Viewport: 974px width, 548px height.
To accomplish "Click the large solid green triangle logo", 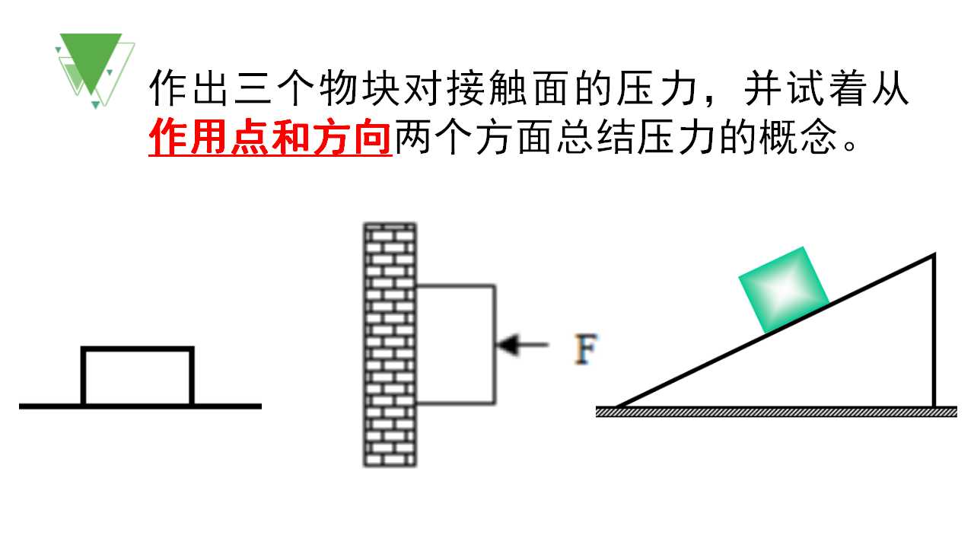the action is tap(91, 59).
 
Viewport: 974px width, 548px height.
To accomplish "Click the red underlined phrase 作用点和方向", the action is tap(270, 137).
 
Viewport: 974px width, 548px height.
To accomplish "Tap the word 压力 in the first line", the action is tap(657, 88).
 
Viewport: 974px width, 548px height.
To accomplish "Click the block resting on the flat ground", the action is tap(138, 376).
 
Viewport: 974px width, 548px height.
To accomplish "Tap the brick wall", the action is tap(390, 345).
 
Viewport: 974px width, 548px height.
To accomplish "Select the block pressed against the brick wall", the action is tap(456, 345).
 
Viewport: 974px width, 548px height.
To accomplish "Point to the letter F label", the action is tap(586, 349).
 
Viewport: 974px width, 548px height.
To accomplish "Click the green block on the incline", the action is tap(784, 290).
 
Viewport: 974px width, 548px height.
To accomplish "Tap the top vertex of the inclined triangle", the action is tap(934, 254).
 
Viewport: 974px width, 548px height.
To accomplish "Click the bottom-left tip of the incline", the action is tap(616, 407).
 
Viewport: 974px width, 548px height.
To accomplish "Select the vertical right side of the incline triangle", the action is tap(934, 330).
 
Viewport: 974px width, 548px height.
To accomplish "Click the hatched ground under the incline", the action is tap(776, 412).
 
